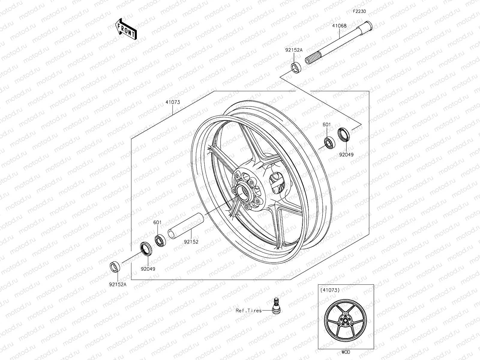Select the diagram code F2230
tap(359, 11)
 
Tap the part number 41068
tap(339, 26)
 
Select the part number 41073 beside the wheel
tap(172, 102)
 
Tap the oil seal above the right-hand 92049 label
tap(343, 134)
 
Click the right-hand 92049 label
tap(346, 155)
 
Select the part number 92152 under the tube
tap(191, 241)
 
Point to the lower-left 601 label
tap(157, 223)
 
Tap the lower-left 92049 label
tap(148, 269)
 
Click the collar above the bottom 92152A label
tap(115, 266)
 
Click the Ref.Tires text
tap(249, 311)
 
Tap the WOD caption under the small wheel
tap(346, 352)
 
